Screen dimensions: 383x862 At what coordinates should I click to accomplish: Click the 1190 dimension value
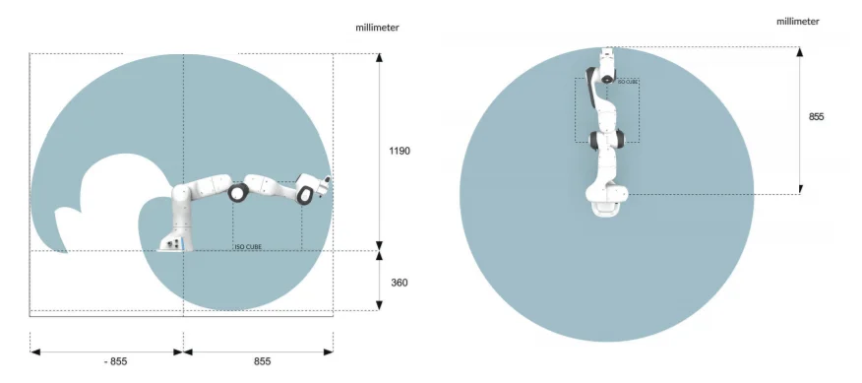click(400, 152)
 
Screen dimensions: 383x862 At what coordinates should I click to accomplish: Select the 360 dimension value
click(400, 283)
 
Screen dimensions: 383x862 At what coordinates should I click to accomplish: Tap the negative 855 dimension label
click(115, 361)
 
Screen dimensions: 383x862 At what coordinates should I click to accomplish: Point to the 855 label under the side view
click(263, 361)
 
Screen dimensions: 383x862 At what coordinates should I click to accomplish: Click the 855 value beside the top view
click(816, 116)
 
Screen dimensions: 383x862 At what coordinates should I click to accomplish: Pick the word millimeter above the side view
click(377, 28)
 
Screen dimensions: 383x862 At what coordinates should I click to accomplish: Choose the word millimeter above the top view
click(798, 21)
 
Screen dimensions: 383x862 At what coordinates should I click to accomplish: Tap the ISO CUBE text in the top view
click(628, 81)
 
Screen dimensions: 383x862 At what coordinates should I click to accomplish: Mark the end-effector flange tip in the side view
click(328, 182)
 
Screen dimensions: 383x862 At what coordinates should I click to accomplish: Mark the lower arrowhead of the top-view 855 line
click(800, 188)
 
